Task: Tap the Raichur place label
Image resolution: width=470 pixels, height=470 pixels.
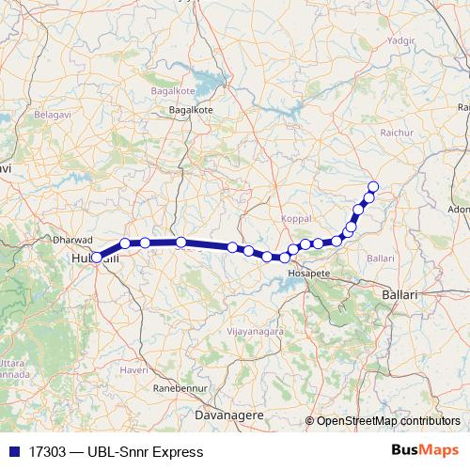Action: tap(397, 133)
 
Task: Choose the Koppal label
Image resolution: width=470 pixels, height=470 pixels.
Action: tap(295, 218)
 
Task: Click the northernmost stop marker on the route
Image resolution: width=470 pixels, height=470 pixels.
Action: tap(373, 186)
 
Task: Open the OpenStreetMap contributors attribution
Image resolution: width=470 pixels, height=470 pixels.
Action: tap(388, 420)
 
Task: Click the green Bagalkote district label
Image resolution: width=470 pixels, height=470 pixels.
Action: tap(172, 91)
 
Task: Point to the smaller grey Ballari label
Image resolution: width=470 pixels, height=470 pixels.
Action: tap(381, 257)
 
